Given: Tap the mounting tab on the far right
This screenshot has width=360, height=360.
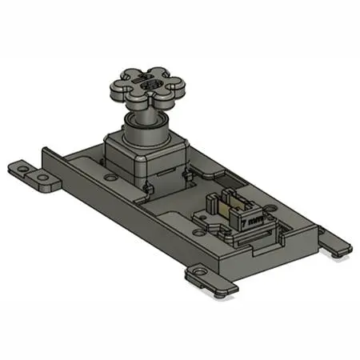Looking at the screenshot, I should [334, 242].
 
